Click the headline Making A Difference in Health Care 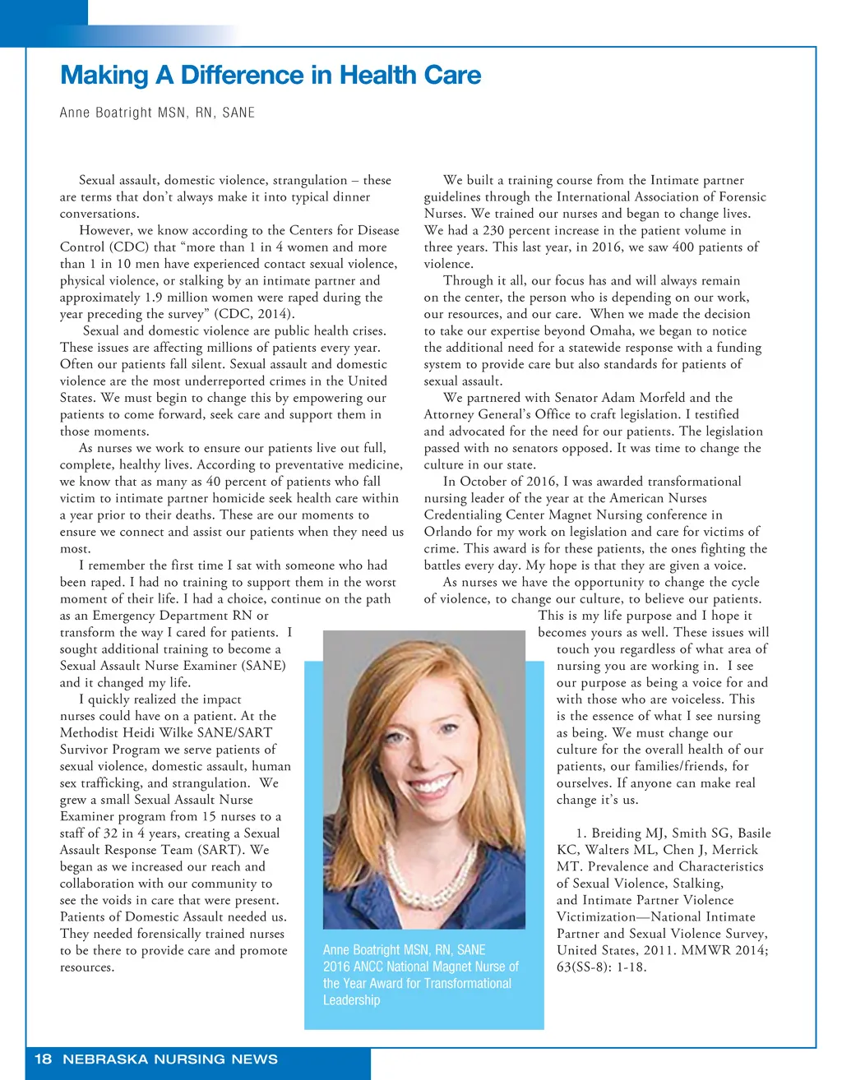271,76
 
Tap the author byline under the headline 157,113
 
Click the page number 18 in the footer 43,1059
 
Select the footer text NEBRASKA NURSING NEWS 170,1059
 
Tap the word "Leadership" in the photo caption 351,1000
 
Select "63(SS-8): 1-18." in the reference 602,967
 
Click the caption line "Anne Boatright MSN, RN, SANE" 404,949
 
